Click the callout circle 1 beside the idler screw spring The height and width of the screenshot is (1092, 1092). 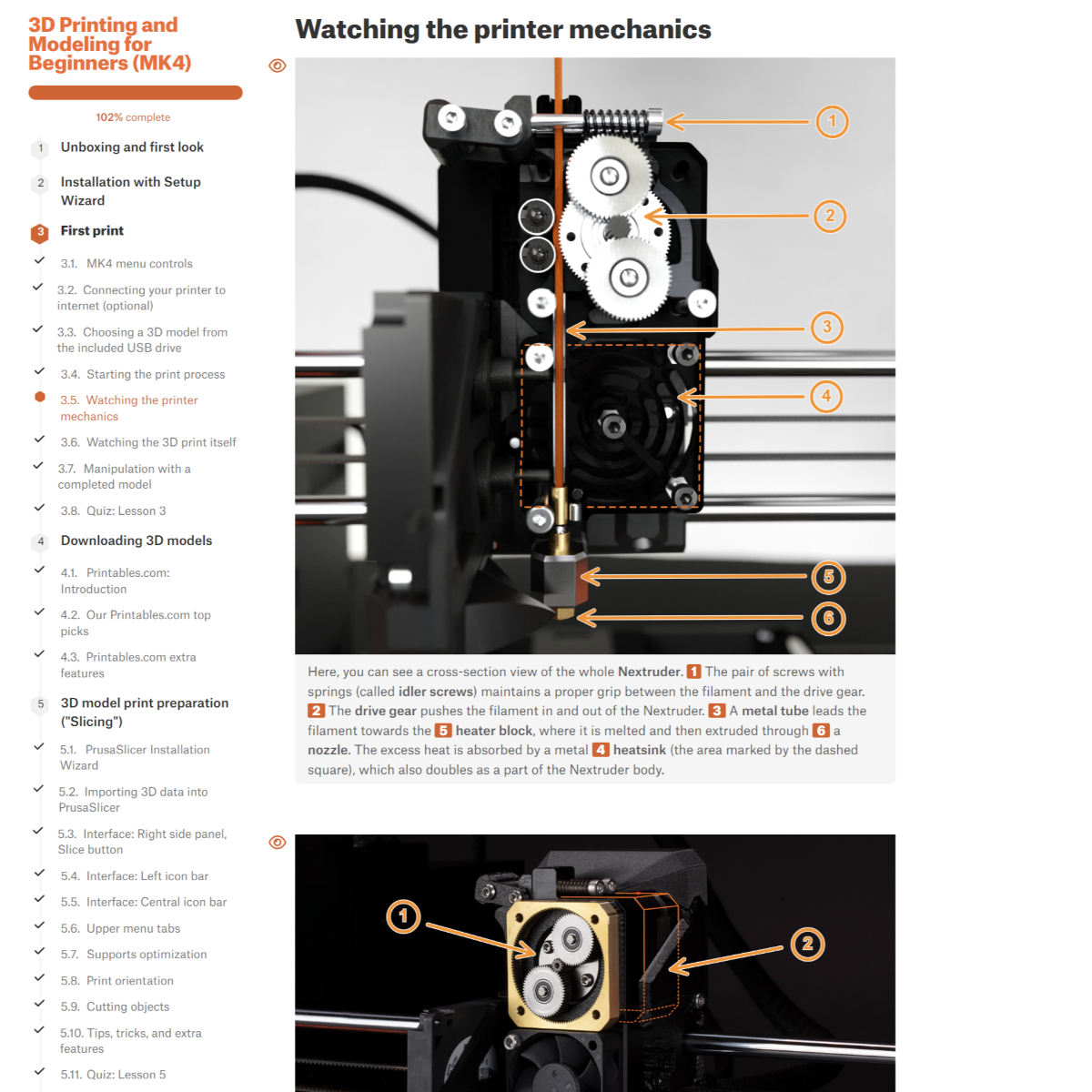[832, 121]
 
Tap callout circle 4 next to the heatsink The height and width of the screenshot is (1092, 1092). [825, 396]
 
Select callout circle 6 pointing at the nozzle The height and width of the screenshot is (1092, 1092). [828, 618]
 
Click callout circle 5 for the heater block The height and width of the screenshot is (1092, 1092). [828, 577]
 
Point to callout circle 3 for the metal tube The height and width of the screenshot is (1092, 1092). [827, 327]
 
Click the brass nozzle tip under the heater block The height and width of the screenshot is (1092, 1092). [565, 613]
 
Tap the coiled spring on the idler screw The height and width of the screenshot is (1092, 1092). [615, 121]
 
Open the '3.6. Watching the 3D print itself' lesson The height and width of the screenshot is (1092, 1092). [148, 442]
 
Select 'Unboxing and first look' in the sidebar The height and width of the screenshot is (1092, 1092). [132, 147]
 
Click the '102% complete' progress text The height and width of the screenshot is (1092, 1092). [133, 117]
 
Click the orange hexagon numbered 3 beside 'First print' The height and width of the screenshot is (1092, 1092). [40, 232]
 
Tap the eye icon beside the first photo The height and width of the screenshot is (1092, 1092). [278, 66]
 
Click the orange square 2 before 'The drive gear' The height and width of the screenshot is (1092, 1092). [316, 711]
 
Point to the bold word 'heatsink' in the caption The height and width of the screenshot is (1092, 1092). [639, 750]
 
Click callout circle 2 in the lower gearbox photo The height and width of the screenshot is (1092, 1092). [807, 944]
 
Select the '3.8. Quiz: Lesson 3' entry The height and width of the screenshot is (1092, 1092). [114, 511]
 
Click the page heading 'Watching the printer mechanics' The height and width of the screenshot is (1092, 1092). [503, 29]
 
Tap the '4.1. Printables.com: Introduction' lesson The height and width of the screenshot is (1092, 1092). [115, 581]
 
